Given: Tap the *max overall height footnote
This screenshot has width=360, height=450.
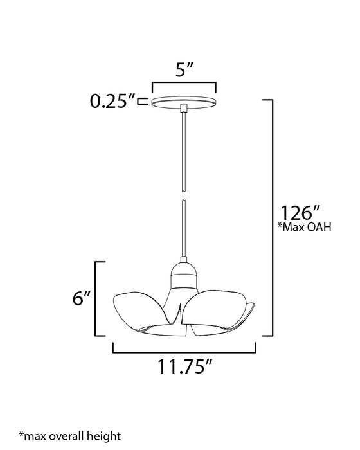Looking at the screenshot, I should [x=69, y=436].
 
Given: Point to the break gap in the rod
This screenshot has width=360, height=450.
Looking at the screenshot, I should [x=183, y=197].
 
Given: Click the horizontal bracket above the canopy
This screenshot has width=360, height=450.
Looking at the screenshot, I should [x=183, y=84].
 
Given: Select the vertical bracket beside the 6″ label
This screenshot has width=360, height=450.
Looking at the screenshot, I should [x=97, y=299].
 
